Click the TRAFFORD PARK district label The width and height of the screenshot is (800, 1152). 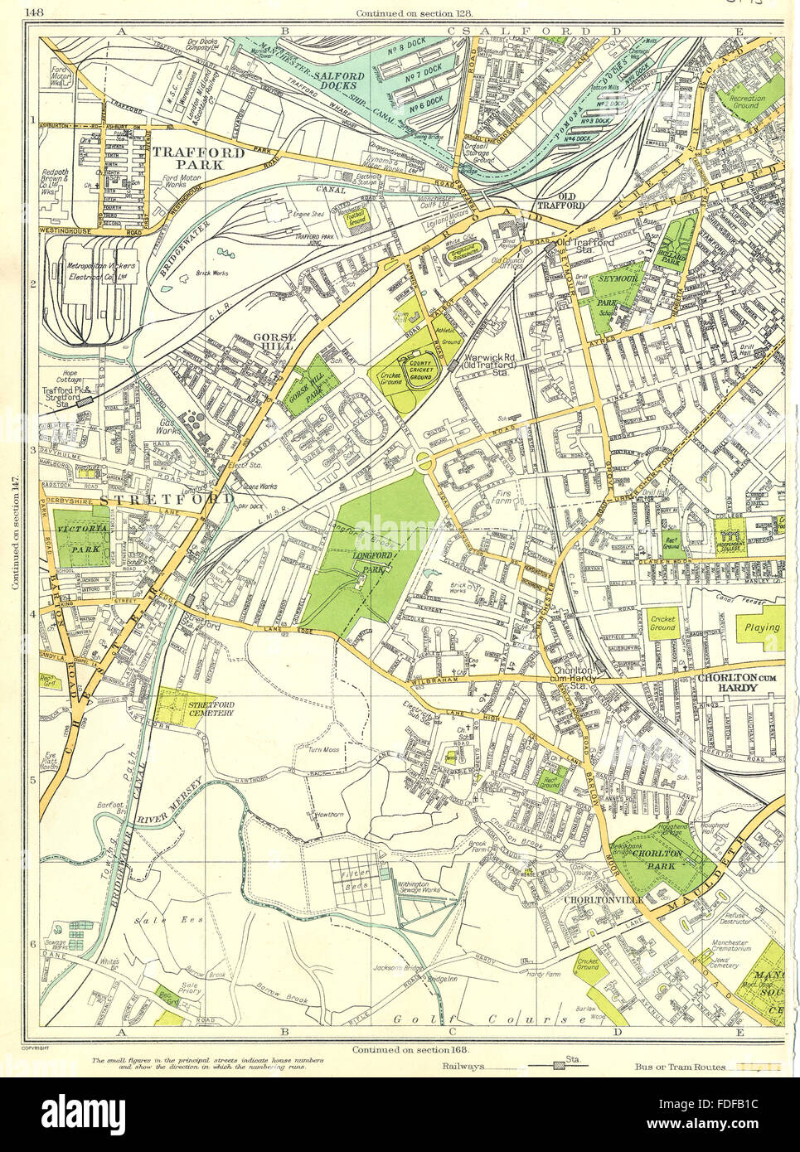198,159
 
